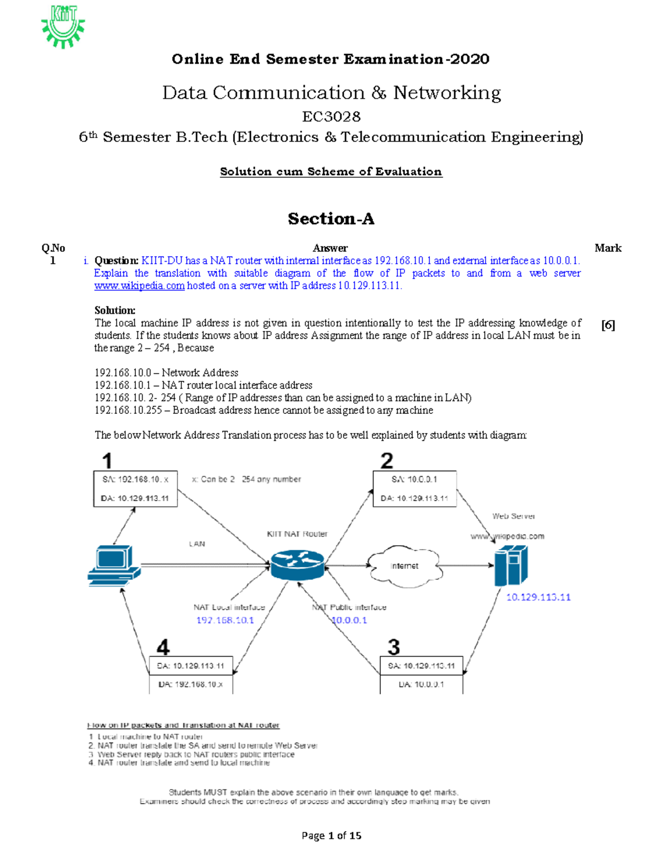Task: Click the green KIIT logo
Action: coord(63,26)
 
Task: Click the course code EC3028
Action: coord(331,116)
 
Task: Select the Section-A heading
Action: coord(331,219)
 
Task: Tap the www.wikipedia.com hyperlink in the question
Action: coord(139,286)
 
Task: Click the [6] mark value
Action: coord(608,325)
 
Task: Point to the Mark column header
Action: coord(608,248)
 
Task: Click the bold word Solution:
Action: coord(115,310)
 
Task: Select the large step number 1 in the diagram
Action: coord(107,460)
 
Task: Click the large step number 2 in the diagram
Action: coord(387,460)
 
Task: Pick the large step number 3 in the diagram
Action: coord(393,646)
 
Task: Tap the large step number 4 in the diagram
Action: coord(162,646)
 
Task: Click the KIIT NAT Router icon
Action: coord(297,565)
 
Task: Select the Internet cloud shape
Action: coord(405,566)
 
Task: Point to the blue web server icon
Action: coord(511,565)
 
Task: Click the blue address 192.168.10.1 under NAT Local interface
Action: coord(225,620)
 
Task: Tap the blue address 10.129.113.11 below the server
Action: coord(538,597)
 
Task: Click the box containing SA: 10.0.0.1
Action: coord(414,488)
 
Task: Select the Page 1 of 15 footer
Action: coord(331,835)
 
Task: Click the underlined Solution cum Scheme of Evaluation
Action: coord(331,172)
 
